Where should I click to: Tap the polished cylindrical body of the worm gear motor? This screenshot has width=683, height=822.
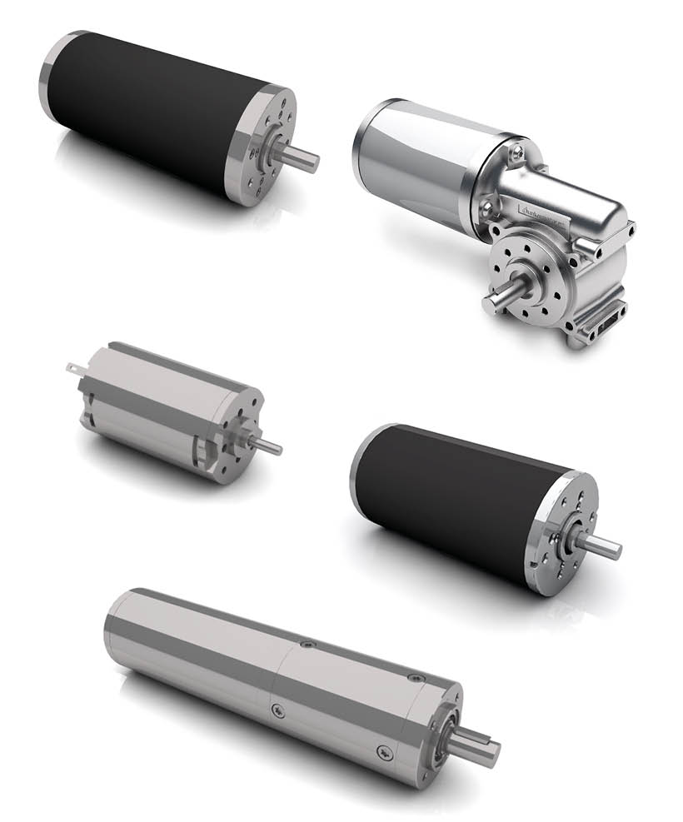coord(416,158)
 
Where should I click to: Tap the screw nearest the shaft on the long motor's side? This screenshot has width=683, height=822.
coord(382,750)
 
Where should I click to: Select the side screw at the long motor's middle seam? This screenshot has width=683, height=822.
coord(277,710)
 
